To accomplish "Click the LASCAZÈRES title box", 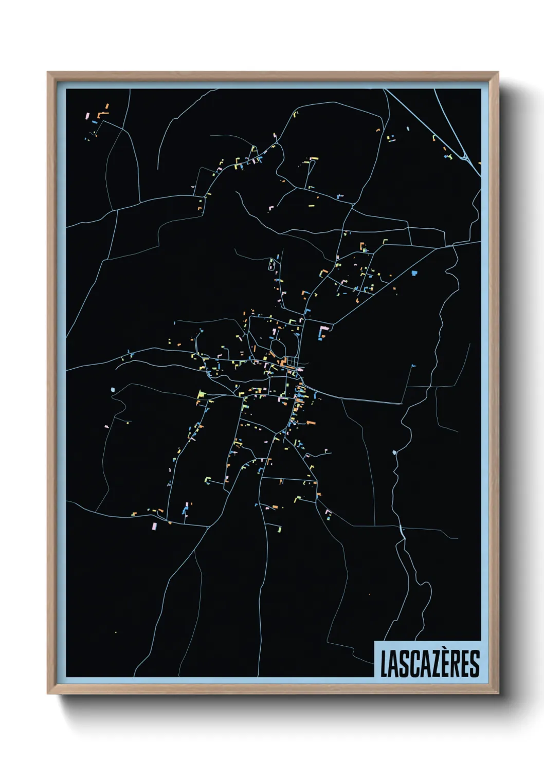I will coord(428,660).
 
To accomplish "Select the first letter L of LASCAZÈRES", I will coord(384,663).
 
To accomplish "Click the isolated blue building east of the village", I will coord(414,273).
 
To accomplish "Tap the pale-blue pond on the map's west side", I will coord(113,390).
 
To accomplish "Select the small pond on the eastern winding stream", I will coord(394,452).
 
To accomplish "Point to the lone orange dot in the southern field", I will coord(369,595).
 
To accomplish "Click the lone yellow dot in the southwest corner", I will coord(116,632).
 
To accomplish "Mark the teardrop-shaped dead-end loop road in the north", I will coord(271,265).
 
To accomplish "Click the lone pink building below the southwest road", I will coord(154,526).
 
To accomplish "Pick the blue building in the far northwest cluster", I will coord(95,122).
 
